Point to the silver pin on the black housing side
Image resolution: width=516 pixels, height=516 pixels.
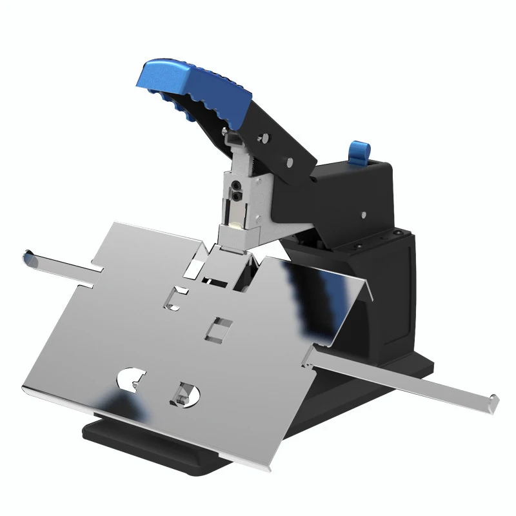[364, 215]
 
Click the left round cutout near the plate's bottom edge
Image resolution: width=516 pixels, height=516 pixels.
[132, 380]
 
